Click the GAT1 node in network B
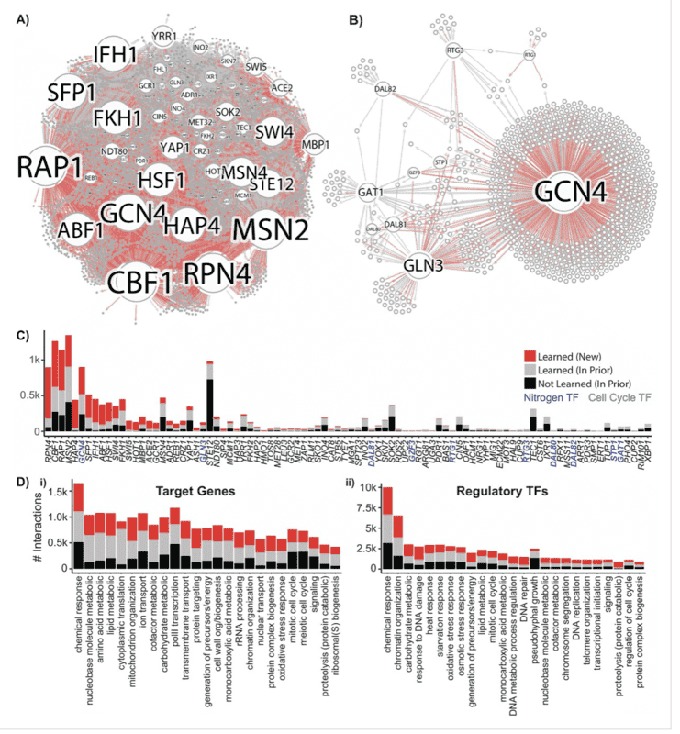373,194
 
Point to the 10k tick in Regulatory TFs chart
367,486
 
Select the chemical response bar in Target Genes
79,527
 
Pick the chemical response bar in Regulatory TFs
388,528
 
